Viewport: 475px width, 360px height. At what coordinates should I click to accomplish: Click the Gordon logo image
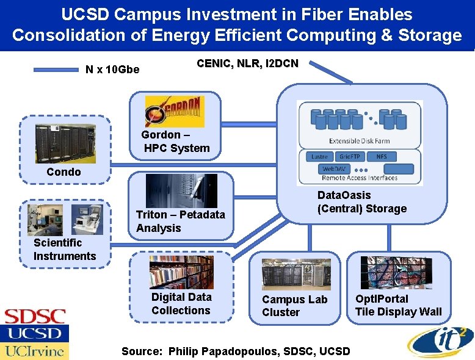[175, 111]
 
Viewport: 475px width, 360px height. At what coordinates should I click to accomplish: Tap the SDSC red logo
[35, 317]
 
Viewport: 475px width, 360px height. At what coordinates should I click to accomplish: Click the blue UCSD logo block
[34, 334]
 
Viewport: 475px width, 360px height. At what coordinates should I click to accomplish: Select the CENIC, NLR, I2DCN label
[247, 63]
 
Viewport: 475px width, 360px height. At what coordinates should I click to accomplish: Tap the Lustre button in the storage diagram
[319, 156]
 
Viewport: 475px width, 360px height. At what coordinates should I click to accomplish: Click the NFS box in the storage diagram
[382, 156]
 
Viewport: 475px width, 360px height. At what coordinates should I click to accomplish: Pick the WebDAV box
[335, 168]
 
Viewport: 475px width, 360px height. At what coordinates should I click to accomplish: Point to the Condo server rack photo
[65, 144]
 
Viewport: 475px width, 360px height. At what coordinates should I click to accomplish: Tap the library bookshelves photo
[181, 272]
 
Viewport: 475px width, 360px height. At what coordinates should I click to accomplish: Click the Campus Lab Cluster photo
[296, 274]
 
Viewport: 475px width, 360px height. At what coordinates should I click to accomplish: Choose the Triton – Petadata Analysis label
[180, 221]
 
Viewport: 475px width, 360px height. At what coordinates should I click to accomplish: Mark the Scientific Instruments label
[65, 250]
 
